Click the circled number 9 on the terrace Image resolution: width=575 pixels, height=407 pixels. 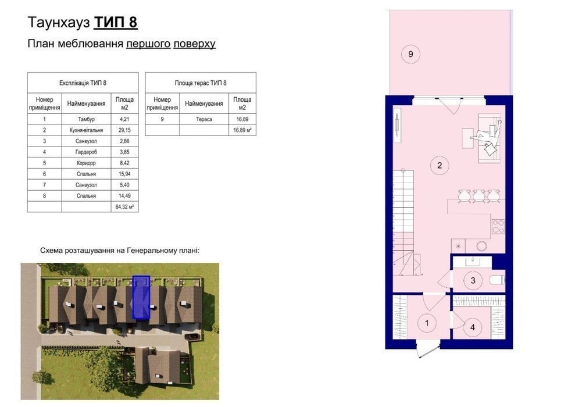pos(410,54)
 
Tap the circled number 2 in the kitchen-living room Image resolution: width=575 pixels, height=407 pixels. pos(440,165)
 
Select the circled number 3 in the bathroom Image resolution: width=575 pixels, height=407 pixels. pos(473,280)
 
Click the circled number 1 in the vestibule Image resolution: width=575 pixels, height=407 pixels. pos(427,323)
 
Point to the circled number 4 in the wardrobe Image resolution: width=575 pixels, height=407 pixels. pos(472,327)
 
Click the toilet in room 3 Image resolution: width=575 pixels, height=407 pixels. pos(497,280)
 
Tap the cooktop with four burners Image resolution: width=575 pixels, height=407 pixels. pos(498,226)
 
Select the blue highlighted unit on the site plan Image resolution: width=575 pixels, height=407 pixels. pos(141,297)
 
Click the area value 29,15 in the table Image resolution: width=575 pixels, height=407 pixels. pos(124,130)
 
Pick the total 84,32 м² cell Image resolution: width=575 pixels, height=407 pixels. pos(124,207)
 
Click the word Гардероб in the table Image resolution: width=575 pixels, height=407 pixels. pos(86,152)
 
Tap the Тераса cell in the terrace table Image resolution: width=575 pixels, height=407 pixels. pos(204,119)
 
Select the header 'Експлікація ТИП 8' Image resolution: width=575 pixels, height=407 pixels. pos(83,83)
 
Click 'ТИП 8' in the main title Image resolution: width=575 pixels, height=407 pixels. pos(116,22)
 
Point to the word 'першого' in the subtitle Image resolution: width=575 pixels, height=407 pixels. pos(148,44)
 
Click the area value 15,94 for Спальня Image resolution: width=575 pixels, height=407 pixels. pos(124,174)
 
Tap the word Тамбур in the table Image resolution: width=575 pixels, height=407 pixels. pos(86,119)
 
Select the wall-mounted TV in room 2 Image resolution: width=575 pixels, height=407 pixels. pos(398,125)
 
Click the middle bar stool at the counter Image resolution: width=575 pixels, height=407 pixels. pos(479,196)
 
